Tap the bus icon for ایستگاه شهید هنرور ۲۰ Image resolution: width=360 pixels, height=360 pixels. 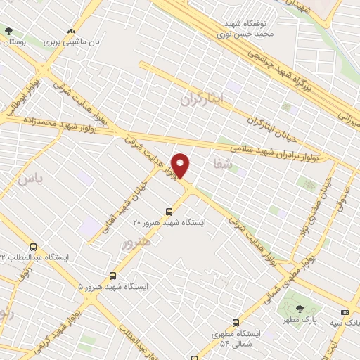coord(169,211)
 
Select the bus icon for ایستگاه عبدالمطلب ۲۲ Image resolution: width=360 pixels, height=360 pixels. coord(34,247)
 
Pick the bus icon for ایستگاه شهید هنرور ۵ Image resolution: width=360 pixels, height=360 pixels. coord(112,276)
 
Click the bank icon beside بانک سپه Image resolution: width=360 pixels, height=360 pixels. coord(345,311)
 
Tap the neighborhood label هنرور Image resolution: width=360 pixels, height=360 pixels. coord(136,243)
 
